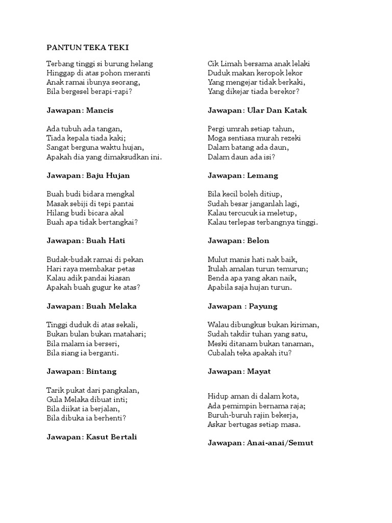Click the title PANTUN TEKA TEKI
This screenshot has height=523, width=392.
[x=88, y=47]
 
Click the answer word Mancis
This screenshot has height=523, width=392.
[x=100, y=110]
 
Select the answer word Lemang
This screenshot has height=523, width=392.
[x=263, y=176]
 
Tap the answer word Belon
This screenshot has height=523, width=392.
[x=258, y=241]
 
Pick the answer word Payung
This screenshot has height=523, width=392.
[x=263, y=306]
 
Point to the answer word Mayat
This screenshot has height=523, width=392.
[x=260, y=371]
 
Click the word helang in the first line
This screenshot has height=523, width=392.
[x=141, y=64]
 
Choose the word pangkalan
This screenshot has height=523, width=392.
[x=120, y=390]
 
